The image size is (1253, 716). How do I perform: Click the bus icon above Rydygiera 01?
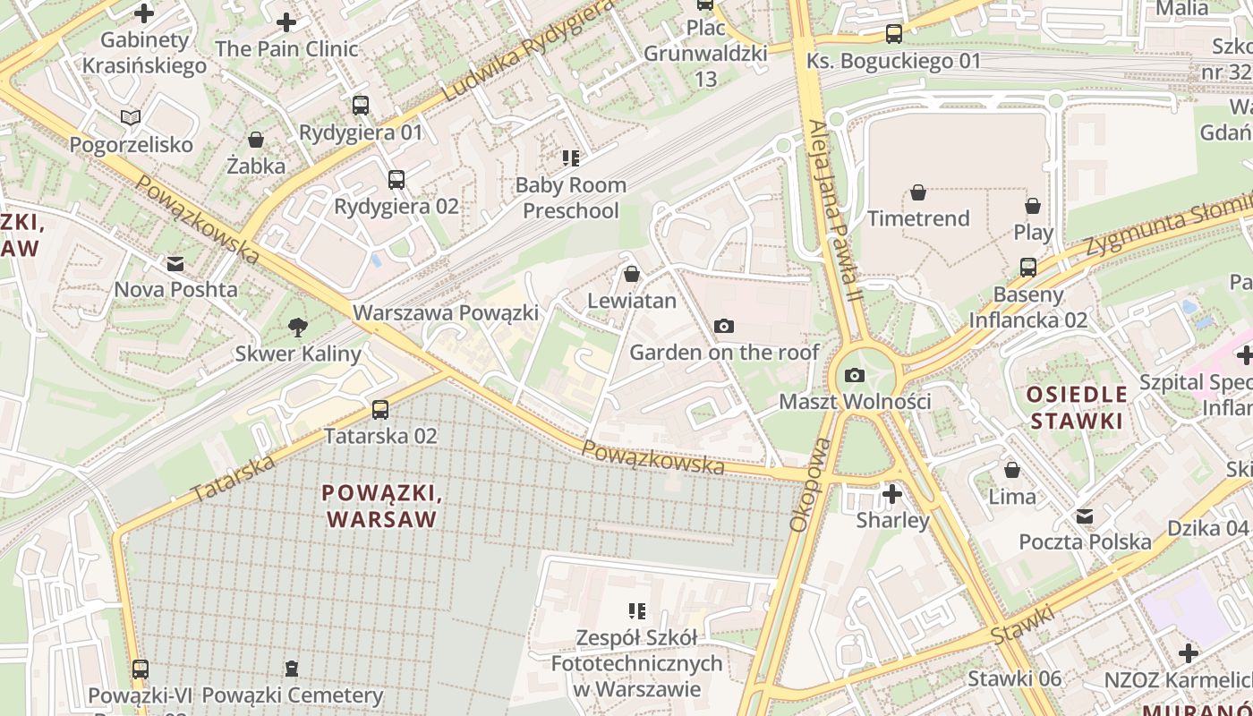[361, 106]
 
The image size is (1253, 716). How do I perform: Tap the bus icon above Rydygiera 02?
[396, 180]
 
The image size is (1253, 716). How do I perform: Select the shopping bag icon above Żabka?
[256, 140]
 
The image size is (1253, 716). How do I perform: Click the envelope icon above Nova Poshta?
[175, 264]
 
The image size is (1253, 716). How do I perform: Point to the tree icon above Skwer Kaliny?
[298, 328]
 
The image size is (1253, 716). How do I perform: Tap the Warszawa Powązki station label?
[446, 313]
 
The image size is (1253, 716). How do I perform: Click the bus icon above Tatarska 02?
[380, 410]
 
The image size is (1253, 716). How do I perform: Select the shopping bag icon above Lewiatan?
[632, 274]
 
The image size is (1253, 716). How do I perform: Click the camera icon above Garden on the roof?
[724, 327]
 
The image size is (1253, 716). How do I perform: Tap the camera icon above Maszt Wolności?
[855, 375]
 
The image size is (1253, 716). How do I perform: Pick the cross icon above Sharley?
[892, 494]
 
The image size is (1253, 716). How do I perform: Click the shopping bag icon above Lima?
[1012, 470]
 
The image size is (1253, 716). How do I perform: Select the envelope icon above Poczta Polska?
[1085, 516]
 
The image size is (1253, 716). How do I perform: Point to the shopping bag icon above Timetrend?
[918, 192]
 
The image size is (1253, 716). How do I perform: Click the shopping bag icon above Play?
[1033, 206]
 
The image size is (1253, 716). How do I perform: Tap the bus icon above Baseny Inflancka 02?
[1028, 268]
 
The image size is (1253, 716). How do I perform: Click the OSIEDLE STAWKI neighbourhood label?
[1077, 407]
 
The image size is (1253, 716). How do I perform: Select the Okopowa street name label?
[799, 484]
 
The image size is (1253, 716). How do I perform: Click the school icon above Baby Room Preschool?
[571, 159]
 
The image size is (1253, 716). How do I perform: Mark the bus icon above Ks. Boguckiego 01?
[893, 35]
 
